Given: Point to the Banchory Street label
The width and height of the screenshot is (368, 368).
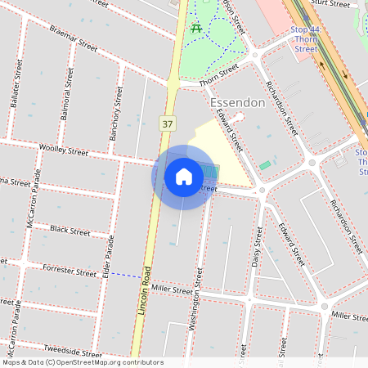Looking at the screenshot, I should click(116, 112).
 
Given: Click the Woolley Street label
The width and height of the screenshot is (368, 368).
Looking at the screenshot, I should click(63, 150).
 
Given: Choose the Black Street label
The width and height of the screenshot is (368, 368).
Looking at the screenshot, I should click(70, 231).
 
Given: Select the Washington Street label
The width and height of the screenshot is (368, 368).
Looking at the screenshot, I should click(195, 303).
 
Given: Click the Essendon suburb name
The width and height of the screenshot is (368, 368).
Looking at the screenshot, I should click(237, 103).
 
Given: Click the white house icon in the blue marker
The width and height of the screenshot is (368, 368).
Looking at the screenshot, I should click(183, 176).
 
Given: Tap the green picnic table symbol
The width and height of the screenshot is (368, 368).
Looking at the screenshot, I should click(196, 29).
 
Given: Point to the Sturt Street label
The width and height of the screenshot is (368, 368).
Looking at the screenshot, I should click(330, 4).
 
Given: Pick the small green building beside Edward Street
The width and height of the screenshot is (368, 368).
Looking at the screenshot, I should click(265, 165).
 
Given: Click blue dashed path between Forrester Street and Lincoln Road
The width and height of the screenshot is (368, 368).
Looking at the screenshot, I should click(123, 276).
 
